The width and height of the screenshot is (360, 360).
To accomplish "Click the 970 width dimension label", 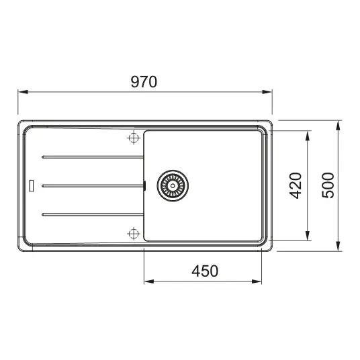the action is tap(144, 82).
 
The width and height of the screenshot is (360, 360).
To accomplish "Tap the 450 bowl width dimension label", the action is tap(205, 271).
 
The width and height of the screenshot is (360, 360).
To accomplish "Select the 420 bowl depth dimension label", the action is tap(296, 185).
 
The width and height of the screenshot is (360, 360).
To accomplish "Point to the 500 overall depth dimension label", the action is tap(328, 185).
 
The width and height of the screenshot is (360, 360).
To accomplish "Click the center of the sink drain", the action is tap(173, 186).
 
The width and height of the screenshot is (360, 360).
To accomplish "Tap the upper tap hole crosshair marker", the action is tap(134, 138).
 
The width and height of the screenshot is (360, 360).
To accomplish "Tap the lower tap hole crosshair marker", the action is tap(134, 234).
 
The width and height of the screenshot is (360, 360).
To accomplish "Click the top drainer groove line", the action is tap(93, 157).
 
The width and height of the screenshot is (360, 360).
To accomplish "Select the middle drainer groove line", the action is tap(93, 186).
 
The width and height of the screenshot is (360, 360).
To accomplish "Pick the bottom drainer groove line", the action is tap(93, 214).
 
